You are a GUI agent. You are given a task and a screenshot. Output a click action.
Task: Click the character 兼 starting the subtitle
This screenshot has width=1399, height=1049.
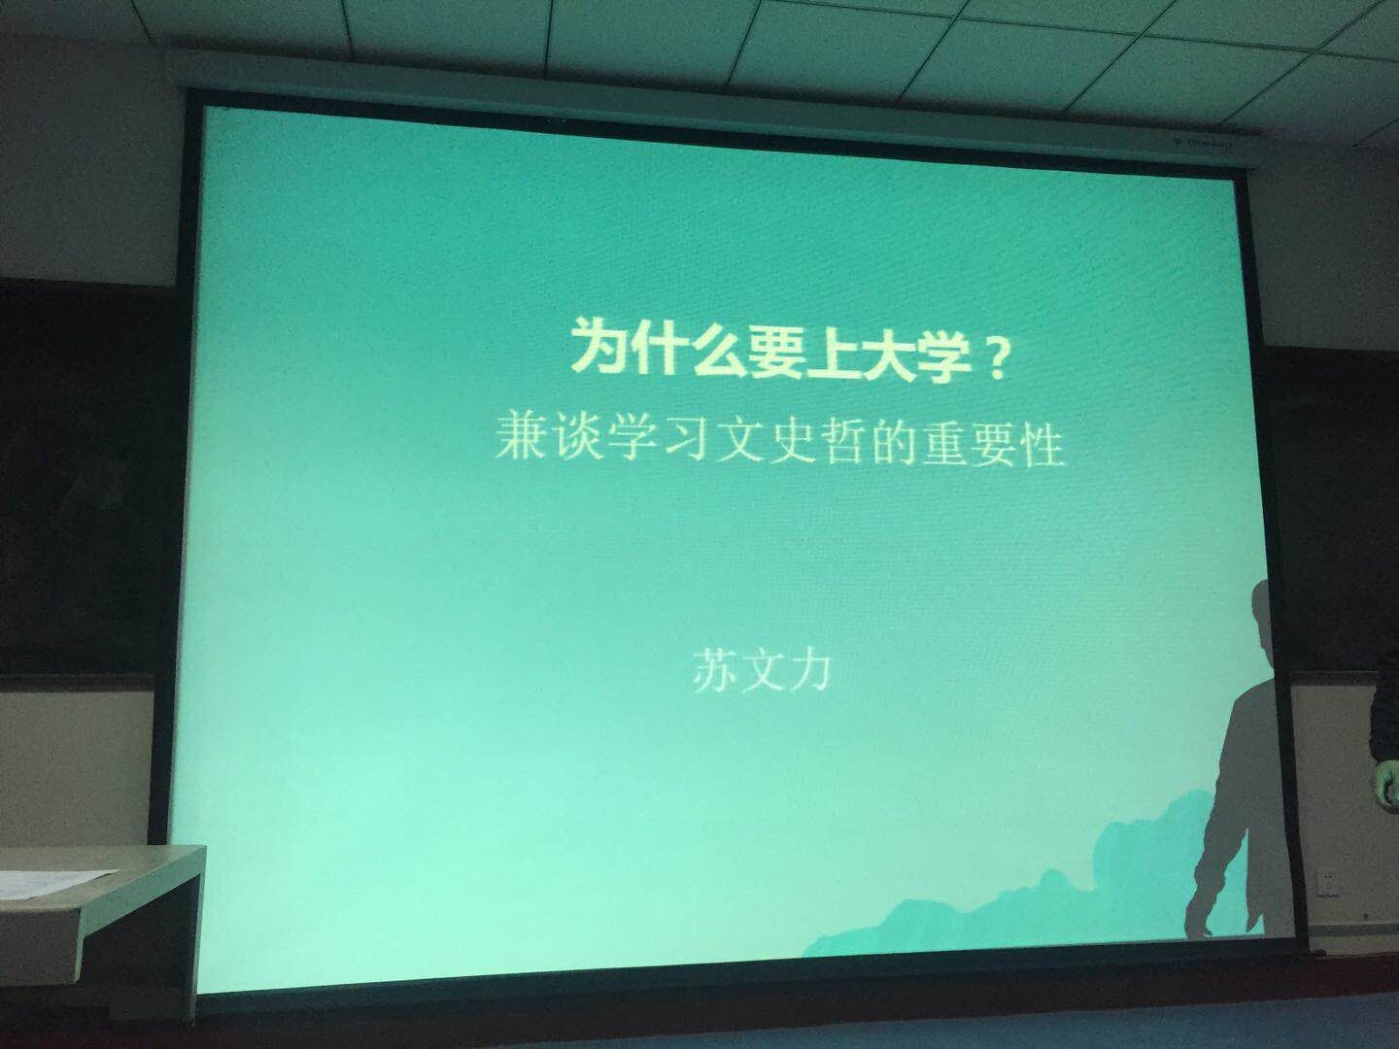[x=520, y=436]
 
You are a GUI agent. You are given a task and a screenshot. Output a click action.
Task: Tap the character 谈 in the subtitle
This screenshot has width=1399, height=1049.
[x=577, y=437]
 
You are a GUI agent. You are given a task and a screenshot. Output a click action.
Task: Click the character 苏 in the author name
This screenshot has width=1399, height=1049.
[x=714, y=670]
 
